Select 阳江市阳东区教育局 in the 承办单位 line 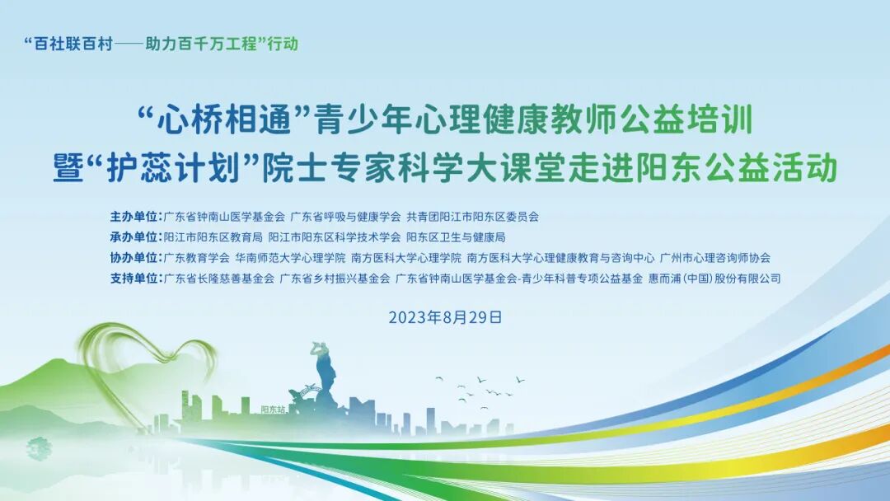[213, 237]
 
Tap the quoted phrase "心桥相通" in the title [223, 123]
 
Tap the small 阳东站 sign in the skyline [273, 408]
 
